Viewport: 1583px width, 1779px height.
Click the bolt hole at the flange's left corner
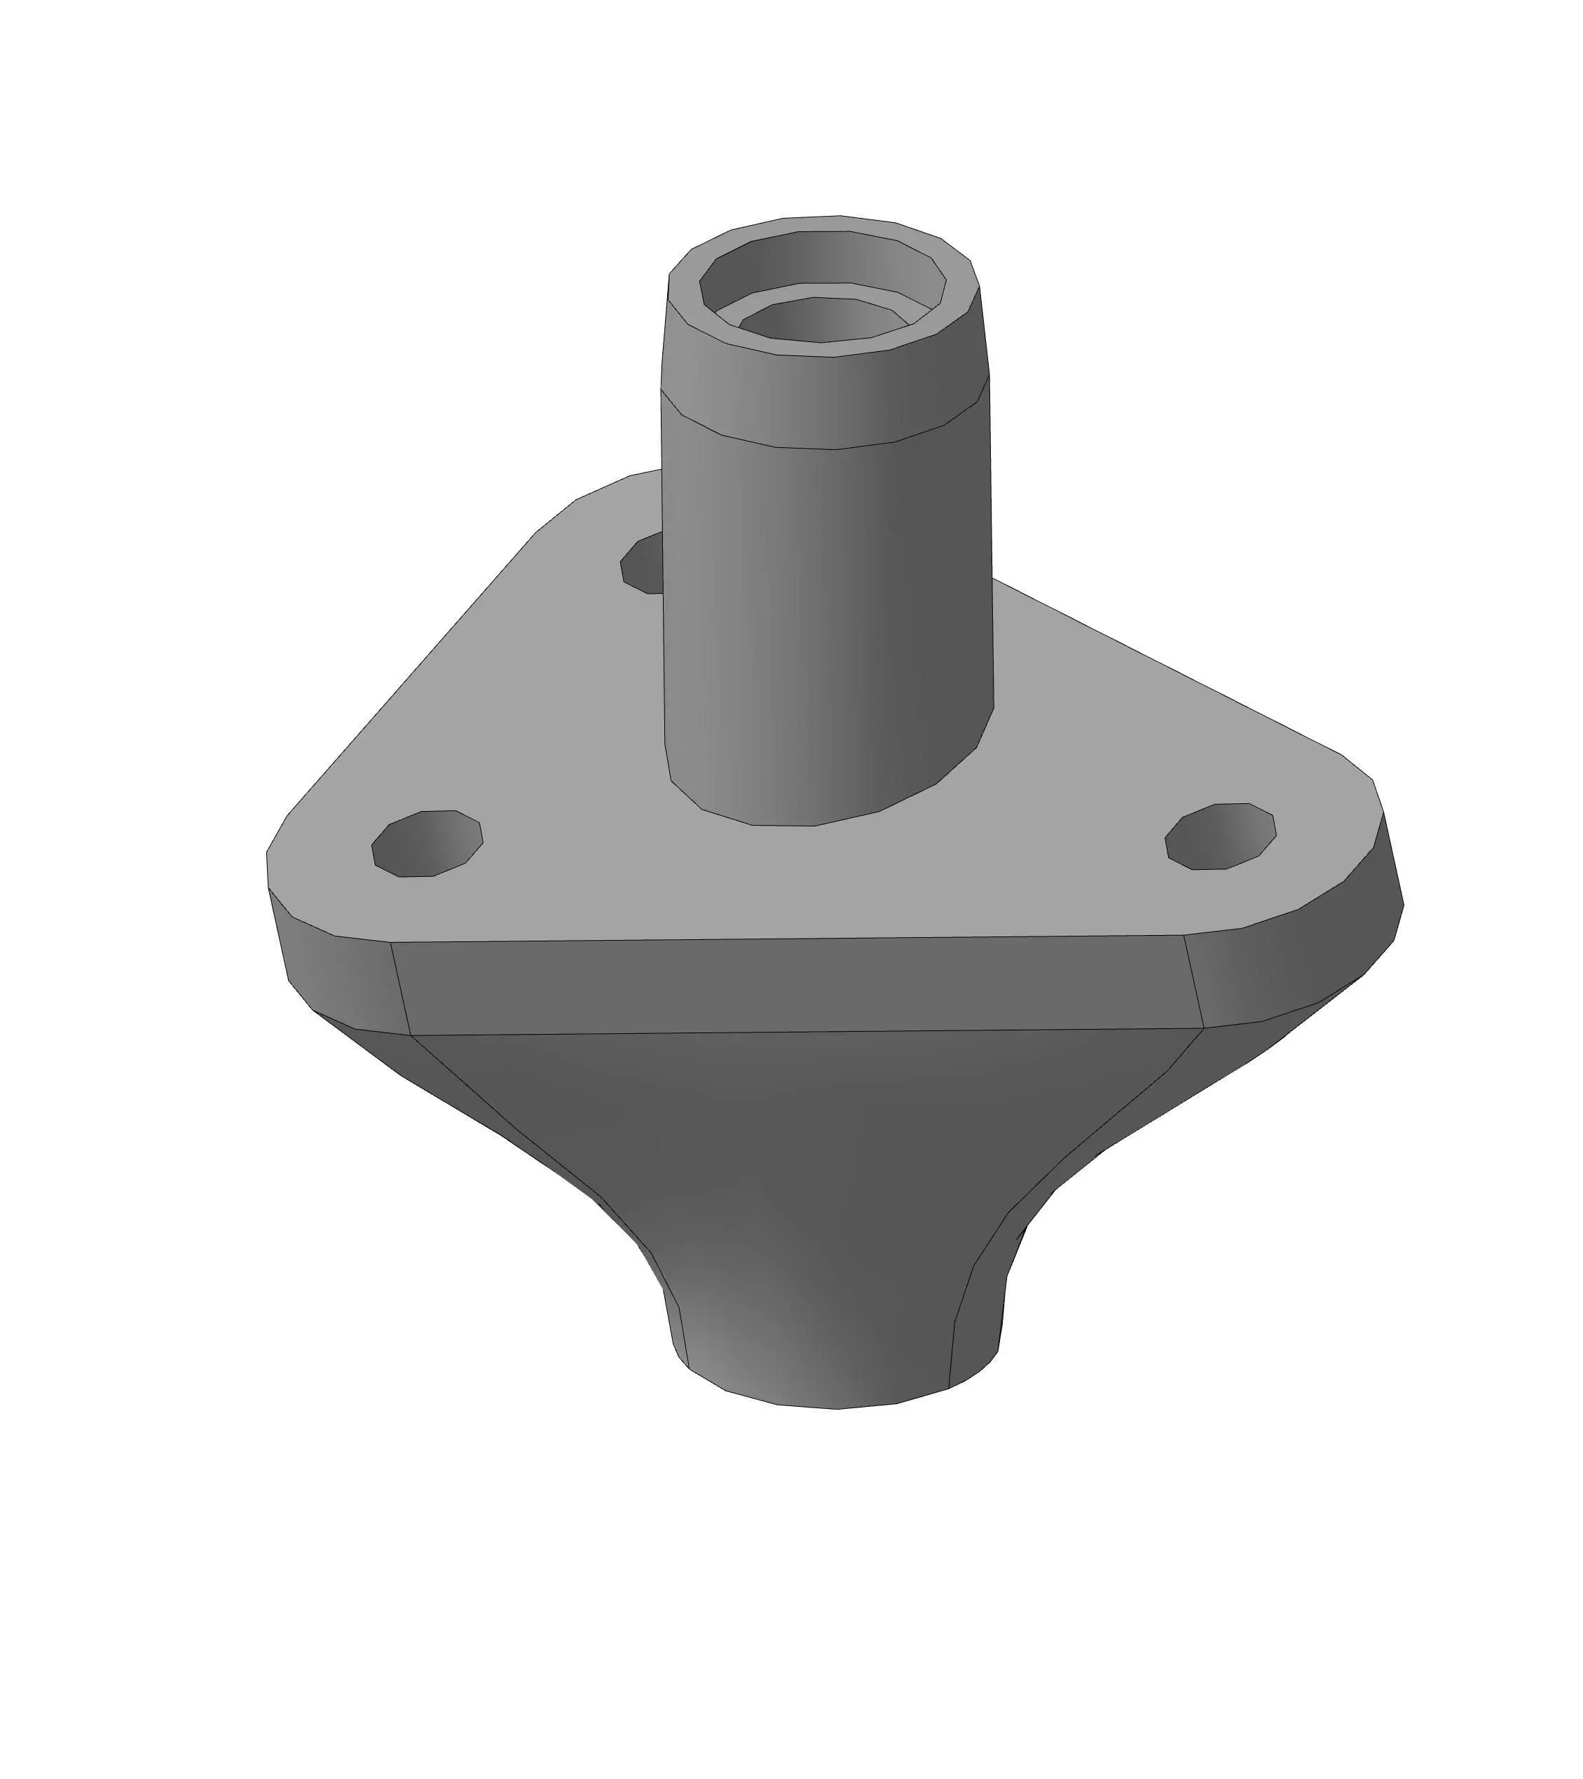(x=427, y=843)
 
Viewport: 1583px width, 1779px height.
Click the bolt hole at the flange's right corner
(x=1220, y=836)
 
